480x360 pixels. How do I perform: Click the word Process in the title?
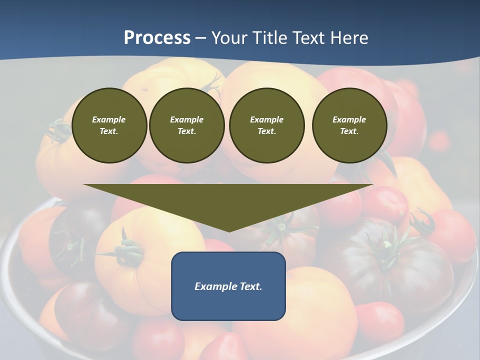click(x=157, y=37)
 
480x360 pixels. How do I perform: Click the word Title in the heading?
click(x=265, y=37)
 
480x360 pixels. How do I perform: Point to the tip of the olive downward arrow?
click(x=229, y=231)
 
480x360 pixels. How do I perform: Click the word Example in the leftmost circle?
click(x=109, y=119)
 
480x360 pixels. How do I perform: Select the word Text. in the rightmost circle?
click(x=349, y=131)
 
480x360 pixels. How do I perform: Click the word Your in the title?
click(x=227, y=37)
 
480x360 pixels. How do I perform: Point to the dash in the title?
click(x=201, y=38)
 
